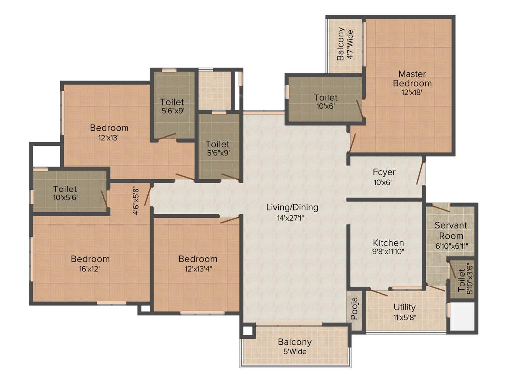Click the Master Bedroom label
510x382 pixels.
(412, 79)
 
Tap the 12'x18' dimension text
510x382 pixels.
(412, 92)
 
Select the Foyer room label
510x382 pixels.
(384, 172)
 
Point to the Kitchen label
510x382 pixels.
(388, 243)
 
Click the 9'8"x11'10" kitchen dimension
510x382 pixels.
(388, 252)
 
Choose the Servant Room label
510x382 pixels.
(451, 231)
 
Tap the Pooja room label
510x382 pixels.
(355, 310)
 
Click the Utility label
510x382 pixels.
(404, 307)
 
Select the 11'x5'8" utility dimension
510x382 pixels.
(404, 317)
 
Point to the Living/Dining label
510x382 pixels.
(292, 207)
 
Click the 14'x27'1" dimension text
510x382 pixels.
(292, 217)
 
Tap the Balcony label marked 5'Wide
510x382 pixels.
(295, 342)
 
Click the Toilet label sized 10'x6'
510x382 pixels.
(326, 98)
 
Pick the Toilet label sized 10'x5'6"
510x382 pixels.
(65, 189)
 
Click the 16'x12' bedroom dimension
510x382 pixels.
(90, 269)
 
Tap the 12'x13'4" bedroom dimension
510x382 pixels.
(198, 269)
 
